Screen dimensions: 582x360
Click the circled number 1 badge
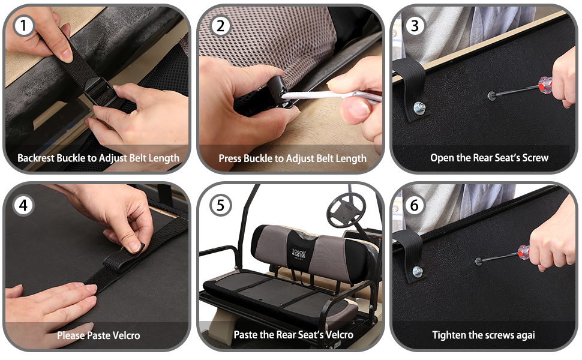tap(24, 26)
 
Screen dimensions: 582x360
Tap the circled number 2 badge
tap(220, 26)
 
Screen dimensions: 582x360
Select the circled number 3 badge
tap(415, 26)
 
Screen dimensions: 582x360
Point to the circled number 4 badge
tap(23, 205)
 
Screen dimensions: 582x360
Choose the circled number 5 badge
tap(220, 205)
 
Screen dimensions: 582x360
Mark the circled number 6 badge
tap(415, 205)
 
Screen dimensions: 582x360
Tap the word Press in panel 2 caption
tap(230, 158)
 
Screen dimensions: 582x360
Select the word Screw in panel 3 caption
tap(535, 158)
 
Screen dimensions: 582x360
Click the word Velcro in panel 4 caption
tap(126, 335)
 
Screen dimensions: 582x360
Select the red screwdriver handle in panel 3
tap(544, 85)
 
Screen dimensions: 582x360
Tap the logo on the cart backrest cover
tap(299, 254)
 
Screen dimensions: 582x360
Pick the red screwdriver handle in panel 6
tap(524, 253)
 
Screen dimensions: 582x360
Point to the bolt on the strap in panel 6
tap(418, 272)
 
